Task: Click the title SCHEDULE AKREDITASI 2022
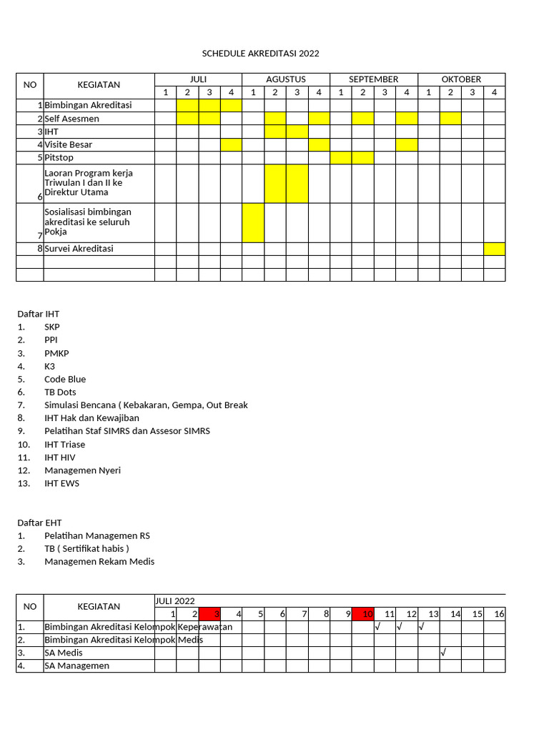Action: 260,54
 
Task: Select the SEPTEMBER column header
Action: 373,79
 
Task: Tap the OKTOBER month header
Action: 461,79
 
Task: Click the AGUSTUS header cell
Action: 286,79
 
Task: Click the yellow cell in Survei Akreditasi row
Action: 494,249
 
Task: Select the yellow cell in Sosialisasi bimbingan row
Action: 253,223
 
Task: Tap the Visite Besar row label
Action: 69,144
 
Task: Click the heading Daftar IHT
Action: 38,314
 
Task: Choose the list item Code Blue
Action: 65,379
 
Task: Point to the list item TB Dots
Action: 60,392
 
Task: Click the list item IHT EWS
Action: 61,483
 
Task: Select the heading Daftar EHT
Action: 39,523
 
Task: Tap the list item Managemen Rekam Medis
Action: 99,561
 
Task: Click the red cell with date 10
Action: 363,613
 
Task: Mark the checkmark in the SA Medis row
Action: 444,653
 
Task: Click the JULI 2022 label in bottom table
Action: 175,601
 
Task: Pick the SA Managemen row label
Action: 77,666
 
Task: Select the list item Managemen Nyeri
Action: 82,470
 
